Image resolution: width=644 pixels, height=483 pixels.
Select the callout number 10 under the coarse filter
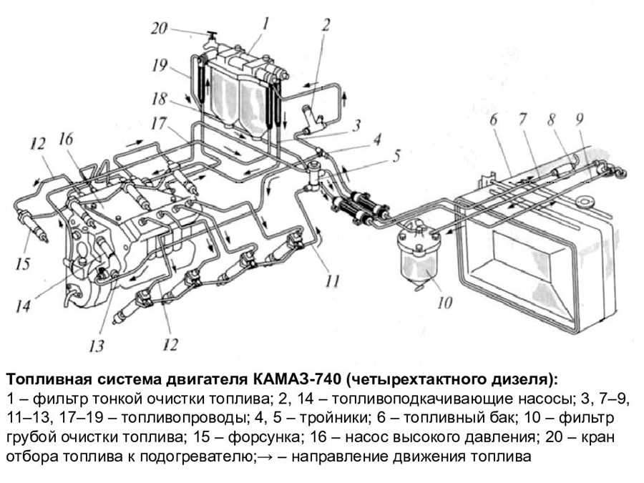point(444,303)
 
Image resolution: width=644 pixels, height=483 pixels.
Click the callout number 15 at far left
point(23,265)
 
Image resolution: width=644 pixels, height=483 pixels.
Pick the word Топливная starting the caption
point(42,378)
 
